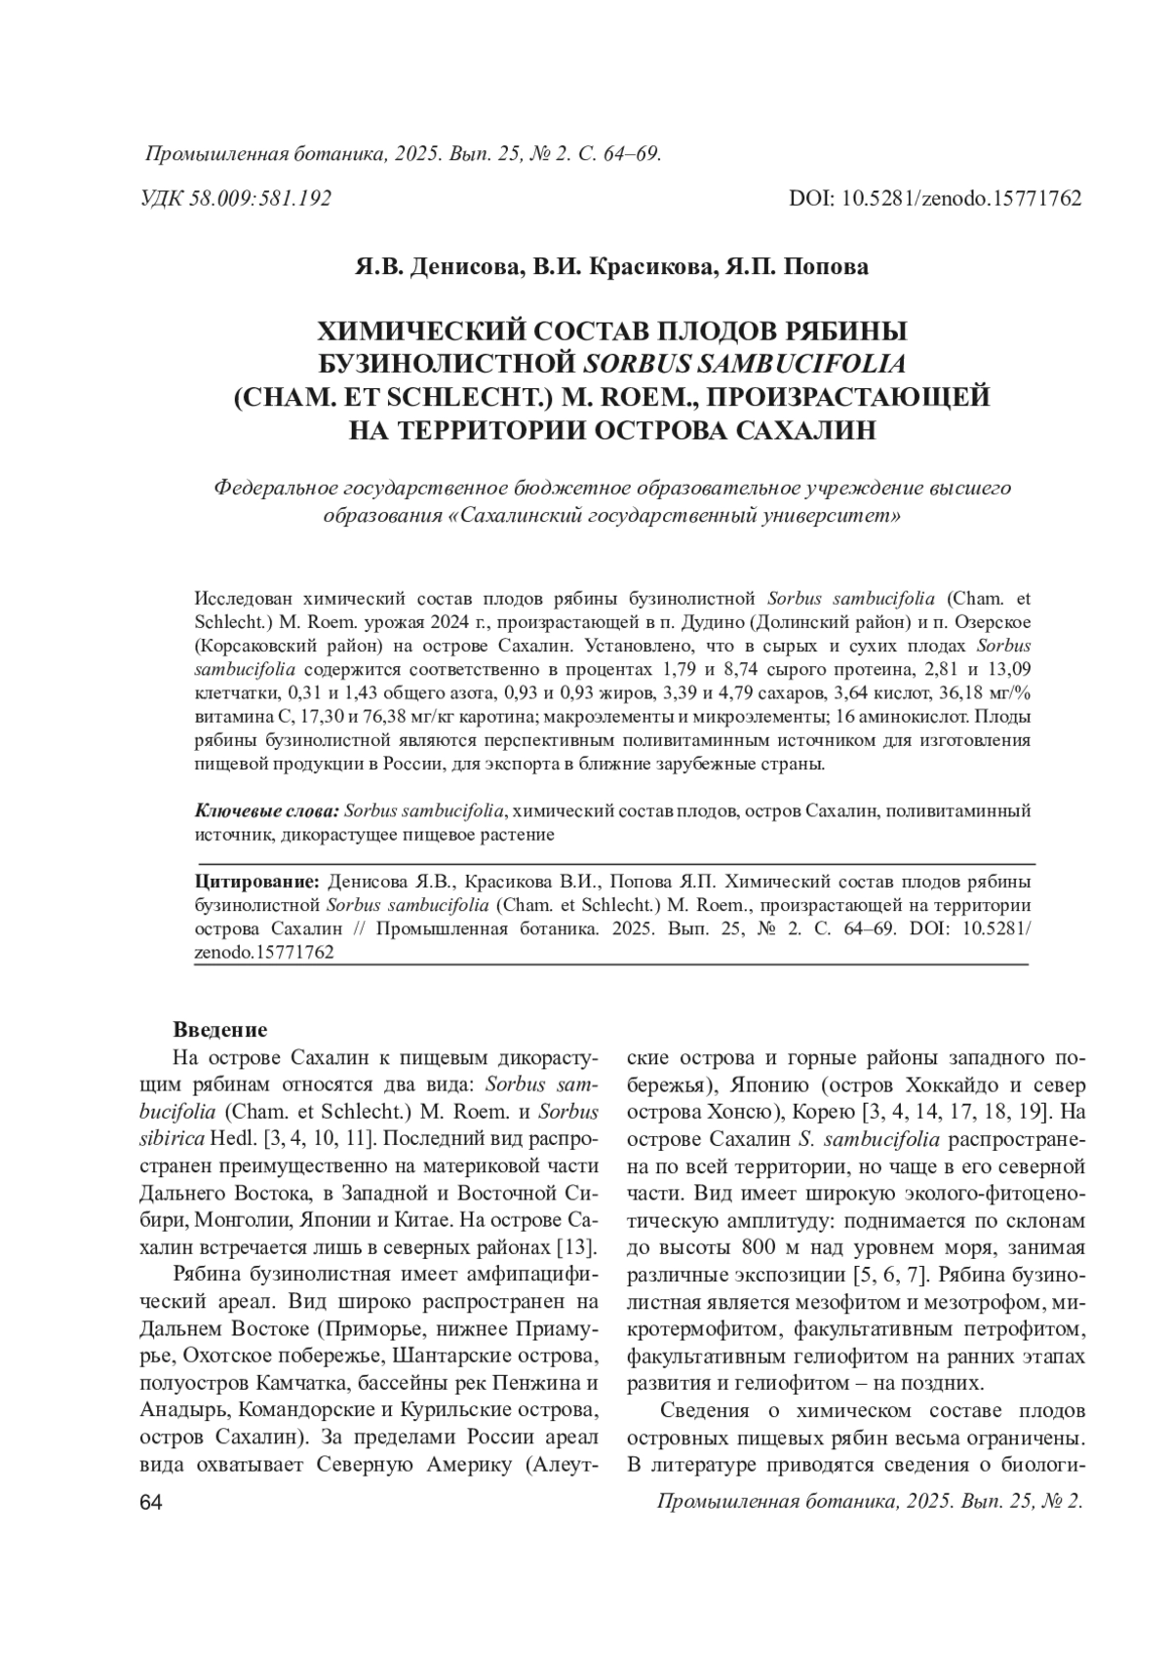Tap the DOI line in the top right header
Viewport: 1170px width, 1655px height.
(935, 199)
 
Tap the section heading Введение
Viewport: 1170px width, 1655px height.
(219, 1030)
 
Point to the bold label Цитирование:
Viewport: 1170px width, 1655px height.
(258, 882)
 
